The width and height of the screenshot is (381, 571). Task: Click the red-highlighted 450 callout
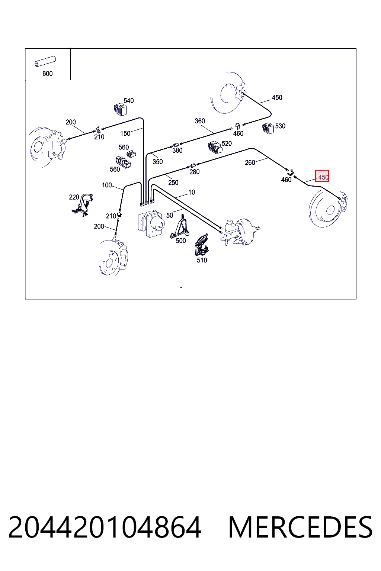point(322,176)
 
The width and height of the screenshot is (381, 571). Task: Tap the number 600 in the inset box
point(48,74)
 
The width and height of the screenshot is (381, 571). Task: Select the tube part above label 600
point(45,61)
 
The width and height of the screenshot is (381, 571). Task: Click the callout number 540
point(129,101)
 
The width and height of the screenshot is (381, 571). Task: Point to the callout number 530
point(280,126)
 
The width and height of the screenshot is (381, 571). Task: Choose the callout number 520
point(227,143)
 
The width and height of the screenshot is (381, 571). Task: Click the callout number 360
point(200,121)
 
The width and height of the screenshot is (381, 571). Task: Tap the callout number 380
point(177,151)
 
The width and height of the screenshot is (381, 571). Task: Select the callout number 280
point(195,172)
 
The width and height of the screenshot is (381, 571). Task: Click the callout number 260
point(250,162)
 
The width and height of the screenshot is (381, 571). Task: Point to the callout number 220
point(74,197)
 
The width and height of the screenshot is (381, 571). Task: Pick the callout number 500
point(181,241)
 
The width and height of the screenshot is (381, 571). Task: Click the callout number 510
point(202,260)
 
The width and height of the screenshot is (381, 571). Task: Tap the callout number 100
point(107,185)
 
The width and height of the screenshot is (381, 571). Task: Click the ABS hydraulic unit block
point(151,223)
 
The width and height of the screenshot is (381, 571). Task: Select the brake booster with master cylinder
point(240,232)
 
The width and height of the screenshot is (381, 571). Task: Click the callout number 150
point(125,133)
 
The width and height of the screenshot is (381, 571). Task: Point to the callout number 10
point(192,192)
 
